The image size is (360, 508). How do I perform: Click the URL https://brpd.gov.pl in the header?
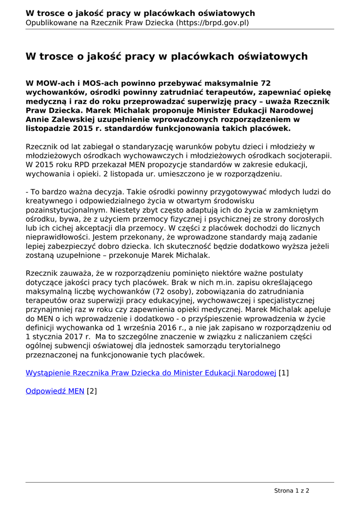point(212,22)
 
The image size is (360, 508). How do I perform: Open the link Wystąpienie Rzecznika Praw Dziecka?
point(150,373)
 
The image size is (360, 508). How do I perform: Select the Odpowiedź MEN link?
point(55,391)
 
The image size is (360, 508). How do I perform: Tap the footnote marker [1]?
point(284,373)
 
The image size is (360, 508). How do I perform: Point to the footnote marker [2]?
point(92,391)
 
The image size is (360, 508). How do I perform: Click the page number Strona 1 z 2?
point(291,491)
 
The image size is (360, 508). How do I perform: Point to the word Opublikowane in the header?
point(50,22)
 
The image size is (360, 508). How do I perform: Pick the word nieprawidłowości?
point(58,237)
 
